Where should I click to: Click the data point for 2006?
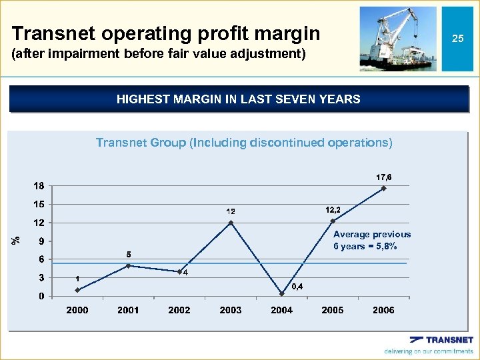384,189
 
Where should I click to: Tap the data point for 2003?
231,223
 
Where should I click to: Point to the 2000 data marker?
77,290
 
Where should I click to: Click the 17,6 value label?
384,177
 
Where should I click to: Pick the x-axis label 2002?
179,310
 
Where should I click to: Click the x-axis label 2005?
333,310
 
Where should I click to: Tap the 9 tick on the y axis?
41,241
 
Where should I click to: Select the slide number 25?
457,39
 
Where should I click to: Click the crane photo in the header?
397,39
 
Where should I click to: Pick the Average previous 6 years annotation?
371,240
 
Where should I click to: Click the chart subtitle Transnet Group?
244,143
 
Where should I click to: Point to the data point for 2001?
128,265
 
